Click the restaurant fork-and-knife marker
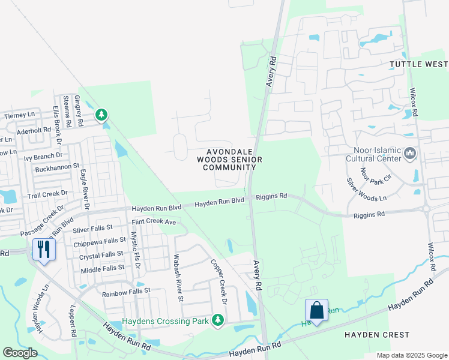click(x=44, y=249)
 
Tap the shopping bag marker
click(x=316, y=310)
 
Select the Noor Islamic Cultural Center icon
click(x=411, y=154)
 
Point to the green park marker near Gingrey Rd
click(x=102, y=113)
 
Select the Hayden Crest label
click(x=368, y=334)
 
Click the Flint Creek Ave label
click(x=154, y=222)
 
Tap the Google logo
click(x=20, y=353)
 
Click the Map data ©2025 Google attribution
click(x=411, y=355)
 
